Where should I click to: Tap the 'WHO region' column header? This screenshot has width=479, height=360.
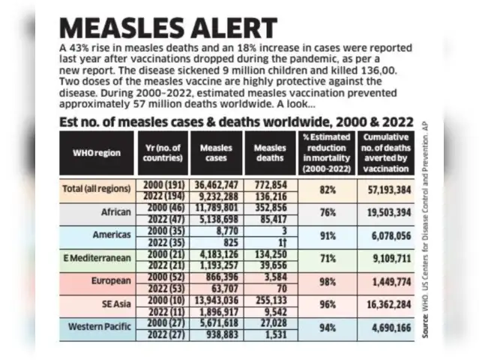click(96, 154)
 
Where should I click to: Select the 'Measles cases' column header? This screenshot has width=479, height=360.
click(216, 153)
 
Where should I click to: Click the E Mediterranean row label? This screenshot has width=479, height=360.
click(96, 257)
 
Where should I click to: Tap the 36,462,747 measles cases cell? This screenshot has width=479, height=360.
click(216, 184)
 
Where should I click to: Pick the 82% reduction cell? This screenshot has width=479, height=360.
click(327, 190)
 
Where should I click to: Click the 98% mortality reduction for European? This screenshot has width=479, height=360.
click(327, 282)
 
